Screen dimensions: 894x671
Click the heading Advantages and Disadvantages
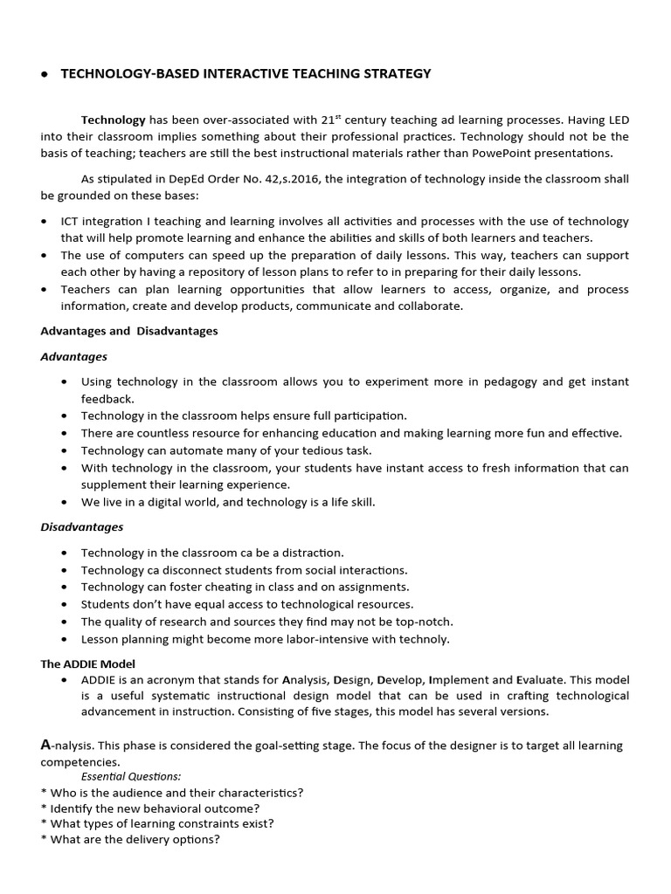[x=129, y=331]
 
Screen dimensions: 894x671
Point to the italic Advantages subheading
[x=74, y=356]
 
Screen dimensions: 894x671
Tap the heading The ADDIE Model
[x=87, y=664]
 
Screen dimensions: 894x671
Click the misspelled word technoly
[x=422, y=638]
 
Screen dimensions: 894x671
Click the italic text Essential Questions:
[x=131, y=775]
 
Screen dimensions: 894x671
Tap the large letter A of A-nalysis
[x=47, y=745]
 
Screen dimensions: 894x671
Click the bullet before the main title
[x=44, y=75]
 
